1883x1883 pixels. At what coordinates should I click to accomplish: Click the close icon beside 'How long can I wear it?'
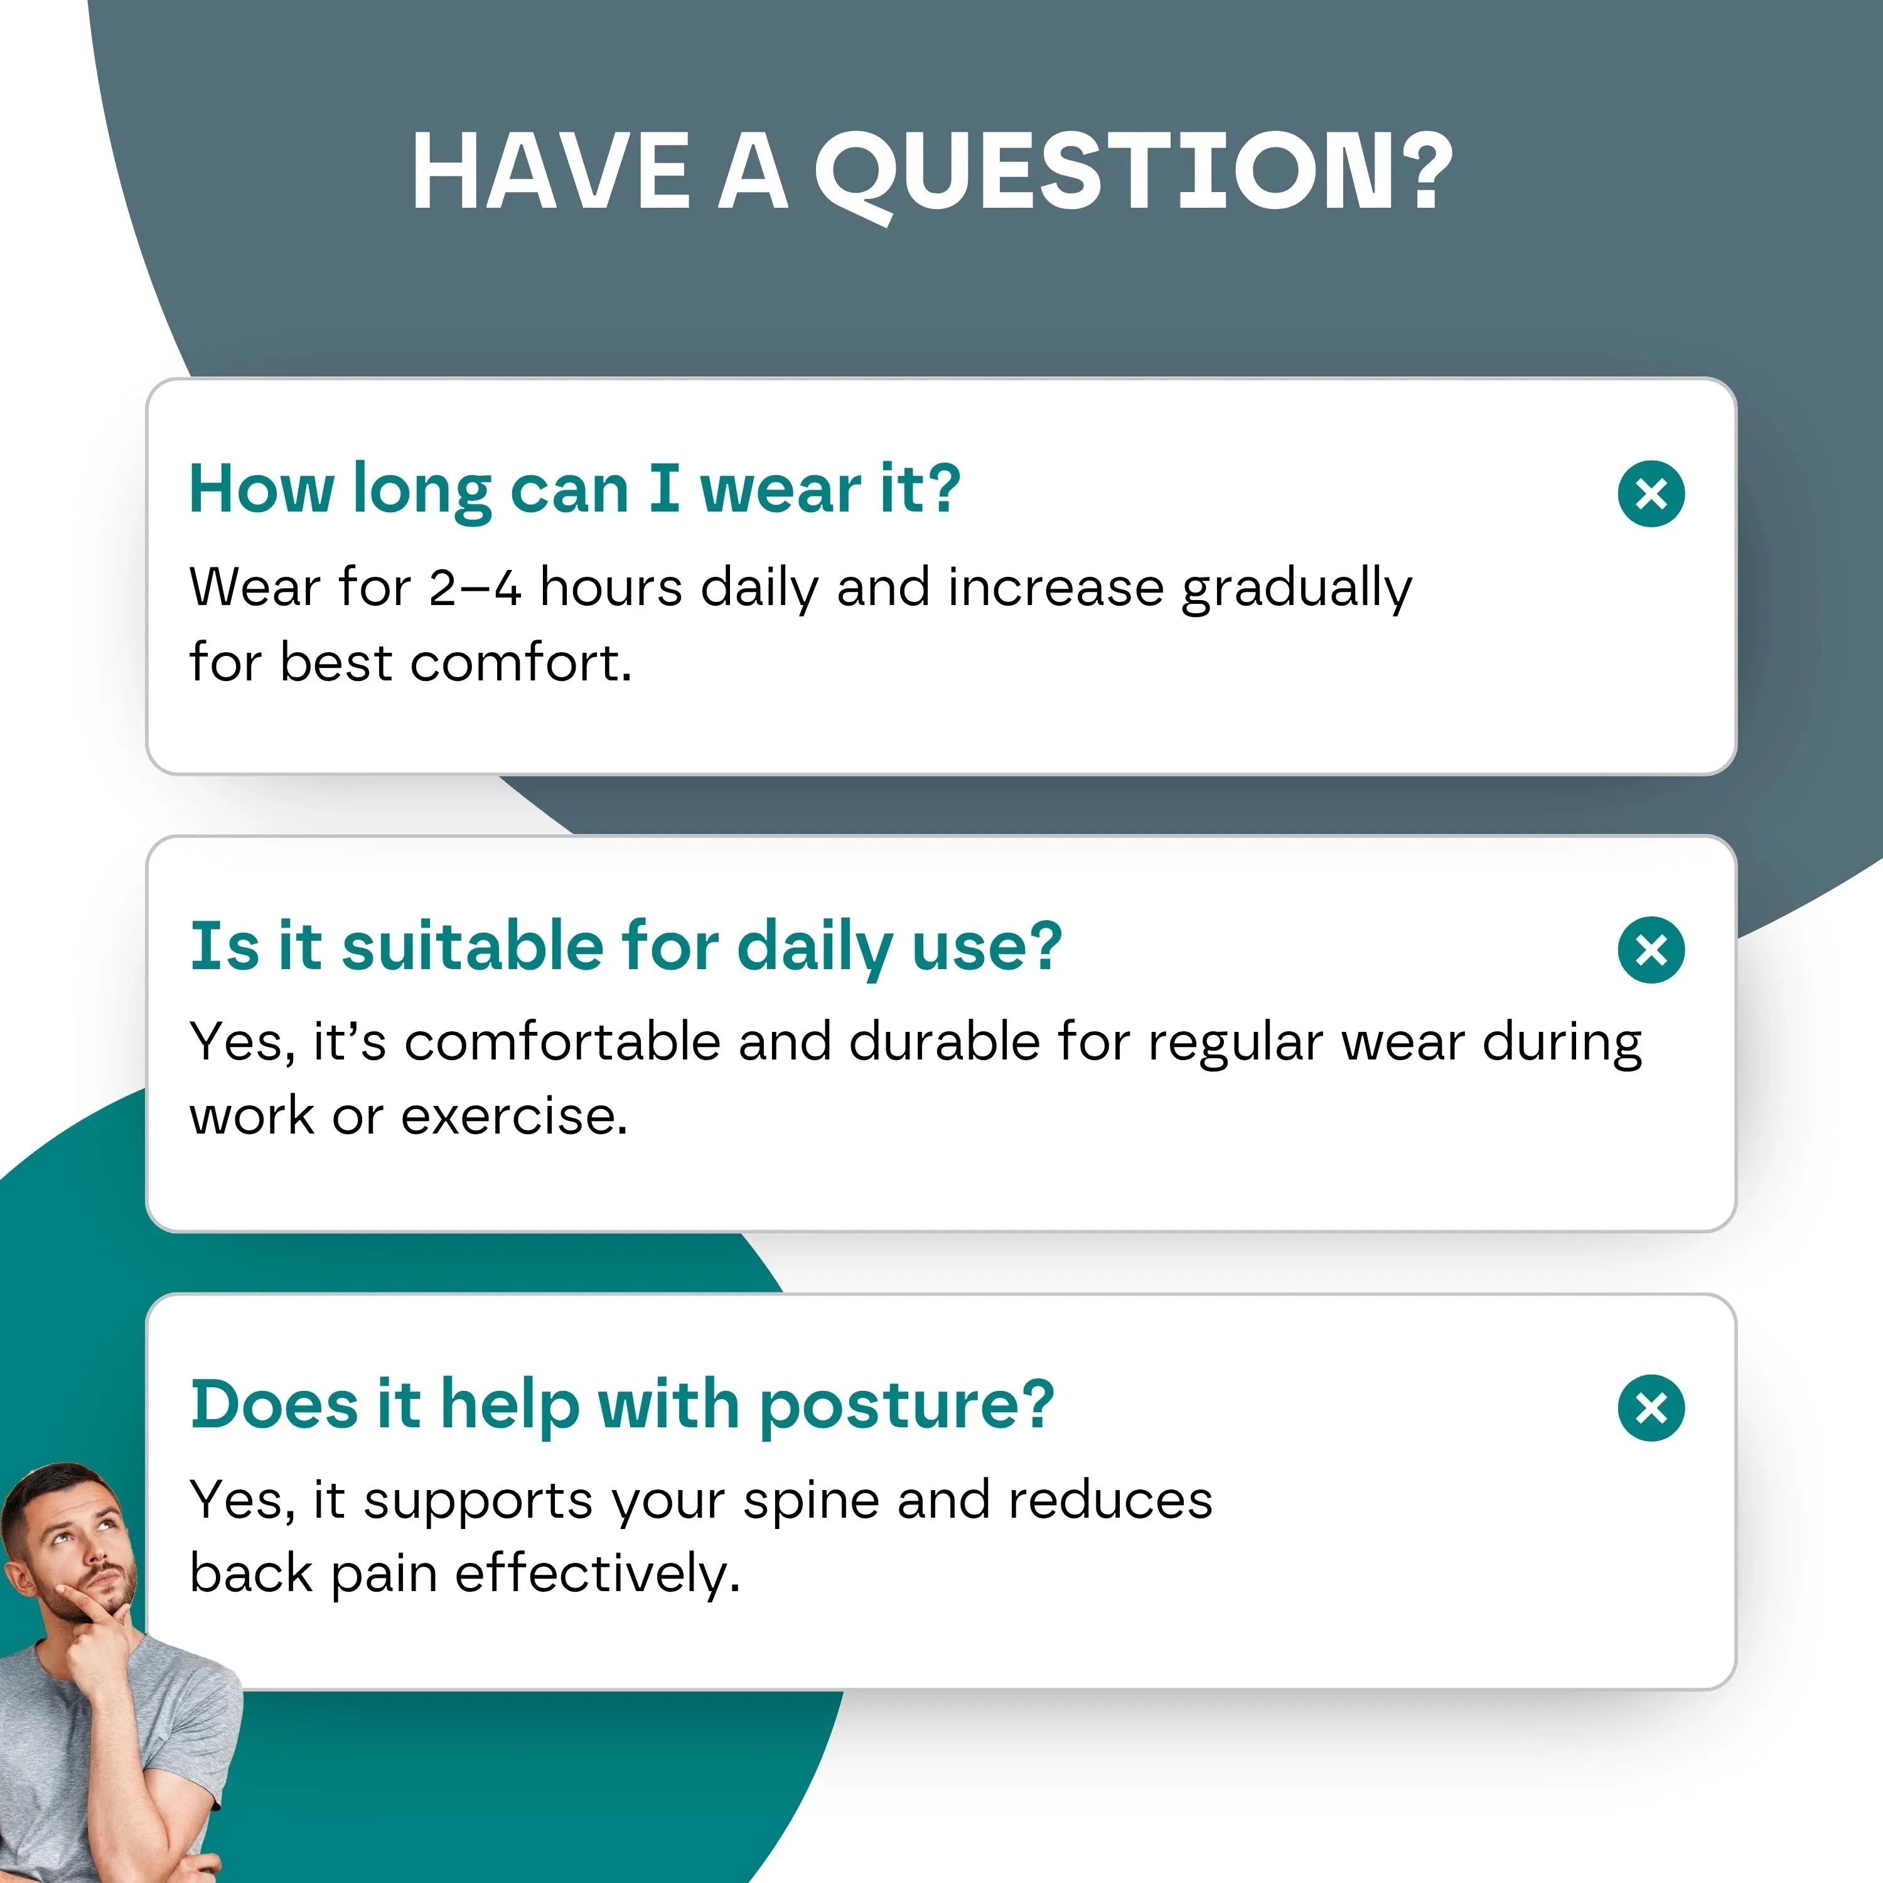[x=1651, y=494]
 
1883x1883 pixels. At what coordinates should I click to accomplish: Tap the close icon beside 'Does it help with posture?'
[x=1651, y=1407]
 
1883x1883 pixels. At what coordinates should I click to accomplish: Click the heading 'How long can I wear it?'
[x=575, y=490]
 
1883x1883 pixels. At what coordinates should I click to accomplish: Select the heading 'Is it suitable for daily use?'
[x=626, y=947]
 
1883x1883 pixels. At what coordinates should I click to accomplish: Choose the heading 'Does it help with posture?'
[x=622, y=1405]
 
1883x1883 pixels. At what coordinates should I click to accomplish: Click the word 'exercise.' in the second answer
[x=515, y=1116]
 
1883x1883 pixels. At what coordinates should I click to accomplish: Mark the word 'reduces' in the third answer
[x=1110, y=1500]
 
